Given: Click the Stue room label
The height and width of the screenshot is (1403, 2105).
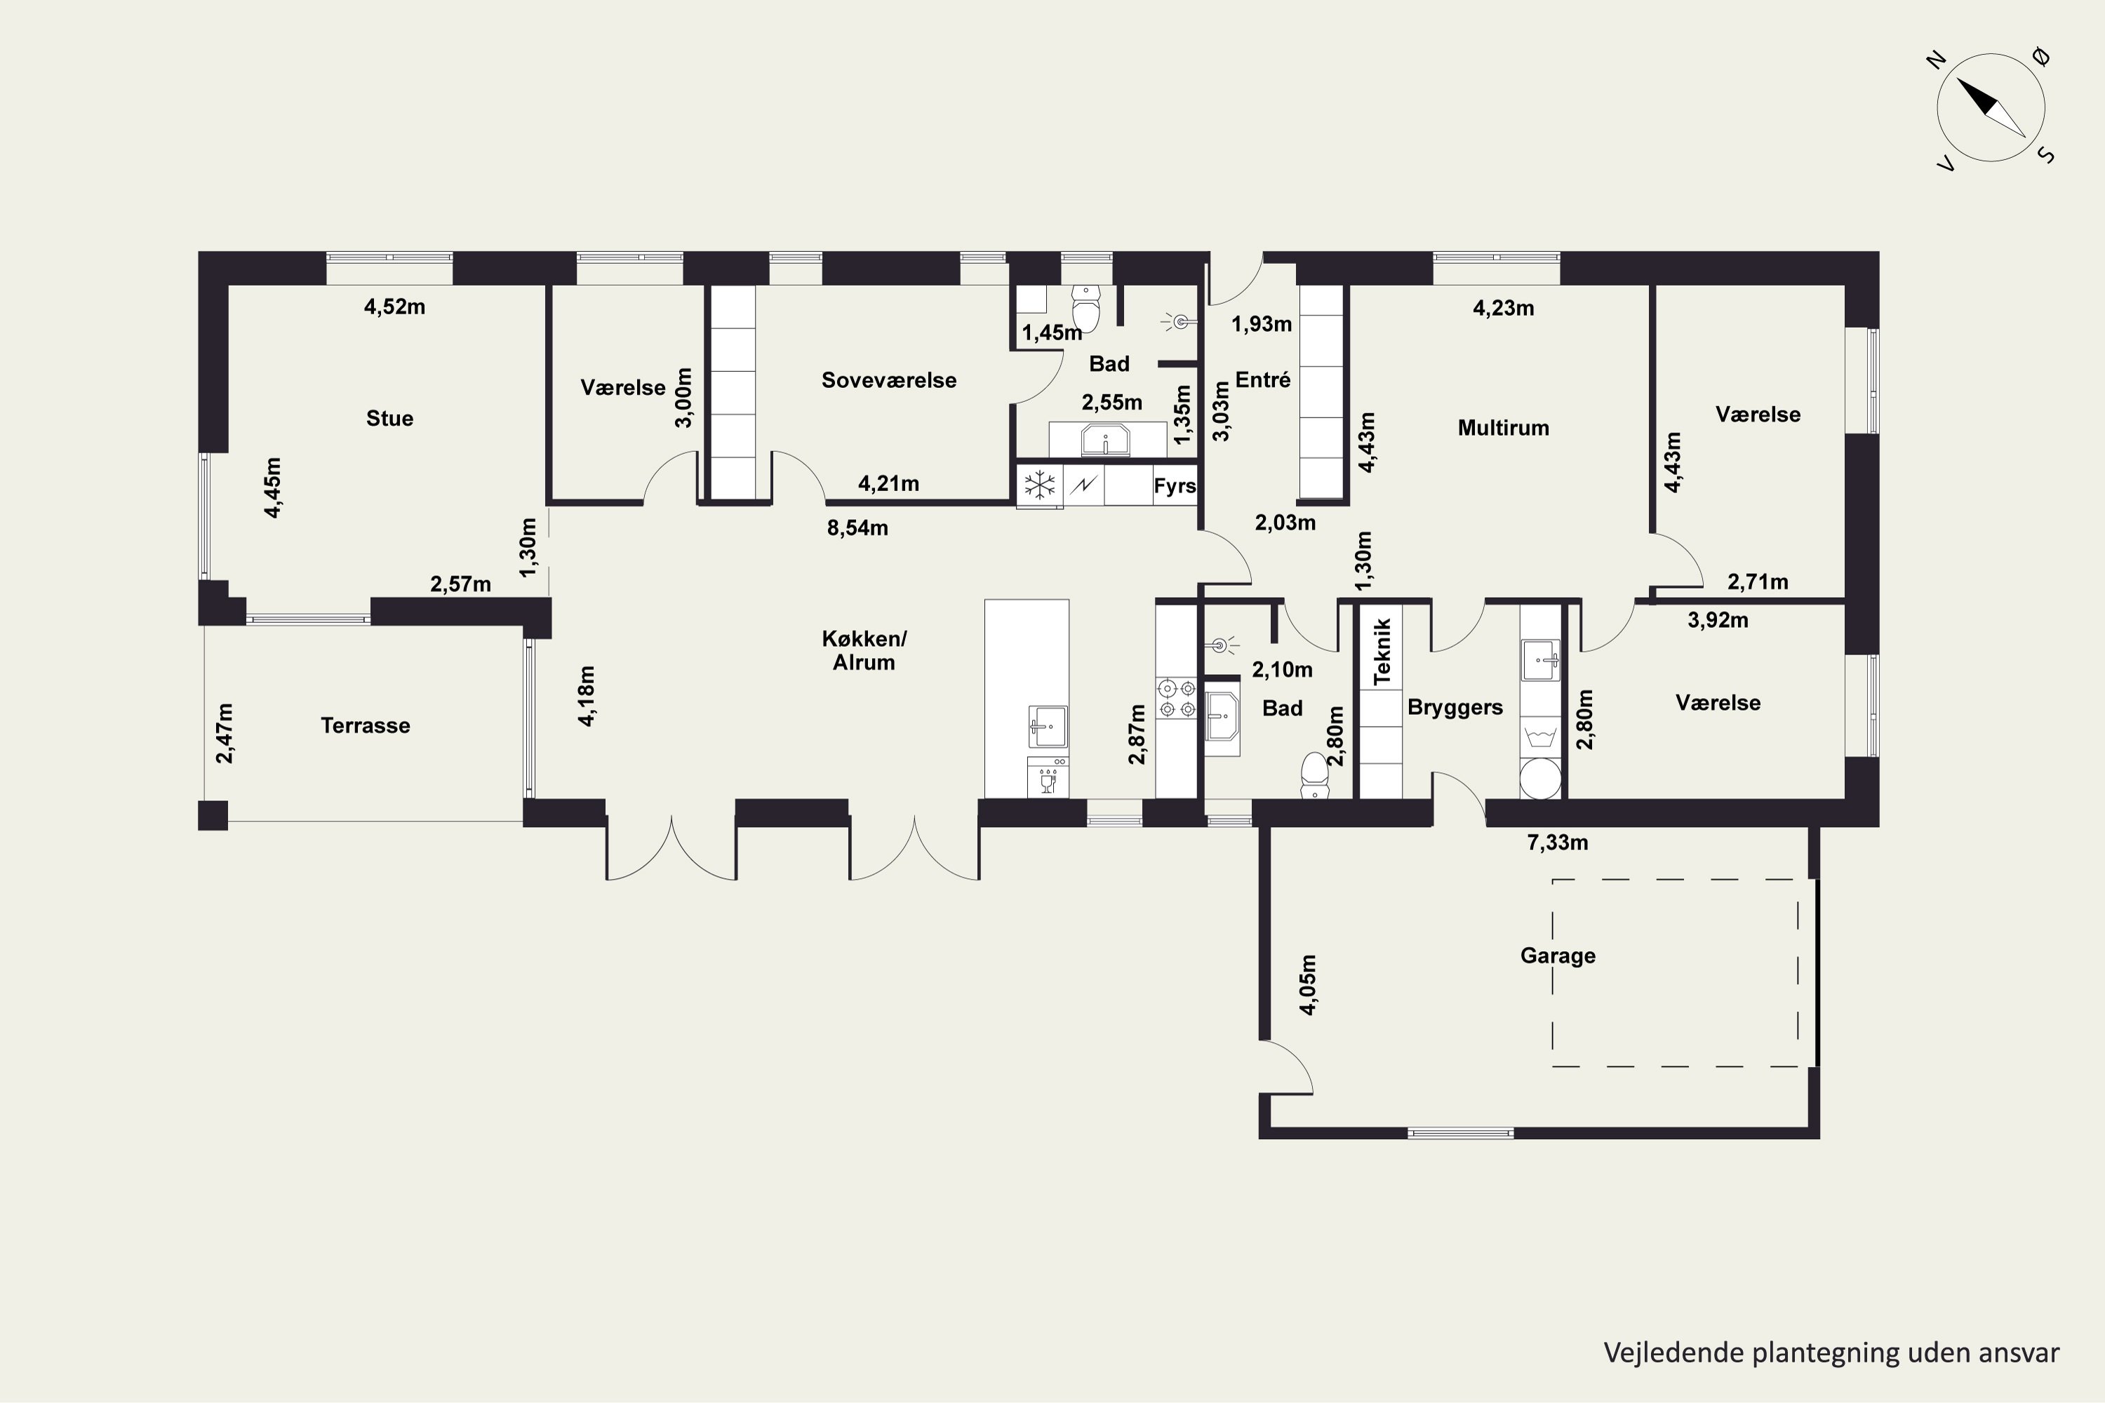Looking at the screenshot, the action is tap(389, 418).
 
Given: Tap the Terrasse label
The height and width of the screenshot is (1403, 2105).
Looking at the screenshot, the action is tap(365, 725).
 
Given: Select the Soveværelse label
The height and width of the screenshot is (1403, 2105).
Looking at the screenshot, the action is tap(889, 380).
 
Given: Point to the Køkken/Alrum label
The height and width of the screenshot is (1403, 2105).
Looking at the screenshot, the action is tap(864, 650).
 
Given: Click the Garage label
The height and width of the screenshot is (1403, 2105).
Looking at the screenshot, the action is tap(1557, 955).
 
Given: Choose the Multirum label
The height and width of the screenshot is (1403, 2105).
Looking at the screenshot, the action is tap(1503, 428).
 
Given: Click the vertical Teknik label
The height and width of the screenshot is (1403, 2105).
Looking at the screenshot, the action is tap(1382, 652).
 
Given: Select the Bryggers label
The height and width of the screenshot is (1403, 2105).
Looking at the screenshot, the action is tap(1455, 707).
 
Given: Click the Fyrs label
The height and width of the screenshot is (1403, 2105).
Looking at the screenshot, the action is tap(1174, 486).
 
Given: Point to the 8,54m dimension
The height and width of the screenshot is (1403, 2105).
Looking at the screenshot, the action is tap(857, 528).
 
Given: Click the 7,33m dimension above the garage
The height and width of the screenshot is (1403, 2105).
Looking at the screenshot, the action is tap(1557, 842).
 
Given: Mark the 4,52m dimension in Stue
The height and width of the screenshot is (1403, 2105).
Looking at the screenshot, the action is tap(394, 307).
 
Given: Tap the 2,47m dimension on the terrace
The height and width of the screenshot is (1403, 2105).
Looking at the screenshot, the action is tap(225, 733).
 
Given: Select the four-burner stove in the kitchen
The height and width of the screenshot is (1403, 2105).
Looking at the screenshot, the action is tap(1177, 699).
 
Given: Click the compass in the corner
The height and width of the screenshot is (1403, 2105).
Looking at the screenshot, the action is tap(1991, 107).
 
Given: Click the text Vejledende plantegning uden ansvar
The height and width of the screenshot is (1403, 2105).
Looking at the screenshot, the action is tap(1831, 1353).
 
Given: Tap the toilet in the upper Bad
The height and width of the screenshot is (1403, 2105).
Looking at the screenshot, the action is tap(1085, 307).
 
